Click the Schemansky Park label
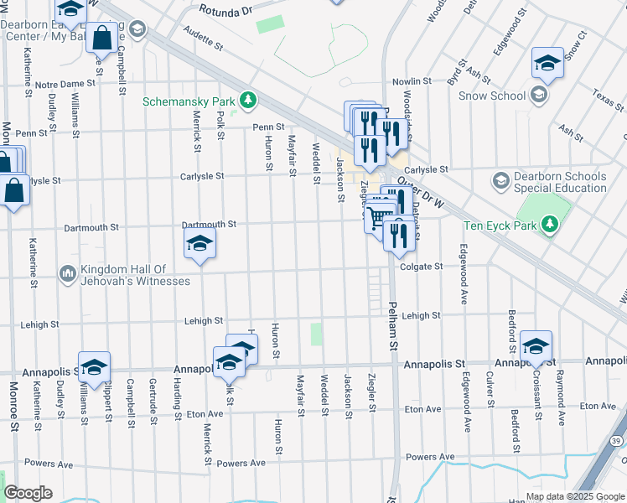189,101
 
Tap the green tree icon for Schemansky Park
248,101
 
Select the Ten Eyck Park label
499,225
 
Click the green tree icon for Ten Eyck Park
550,225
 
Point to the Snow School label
492,96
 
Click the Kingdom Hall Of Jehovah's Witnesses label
135,275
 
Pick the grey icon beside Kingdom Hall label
67,273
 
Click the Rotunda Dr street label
225,12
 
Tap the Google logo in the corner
28,493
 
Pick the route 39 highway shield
617,441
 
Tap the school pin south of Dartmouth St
199,245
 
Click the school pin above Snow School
547,63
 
